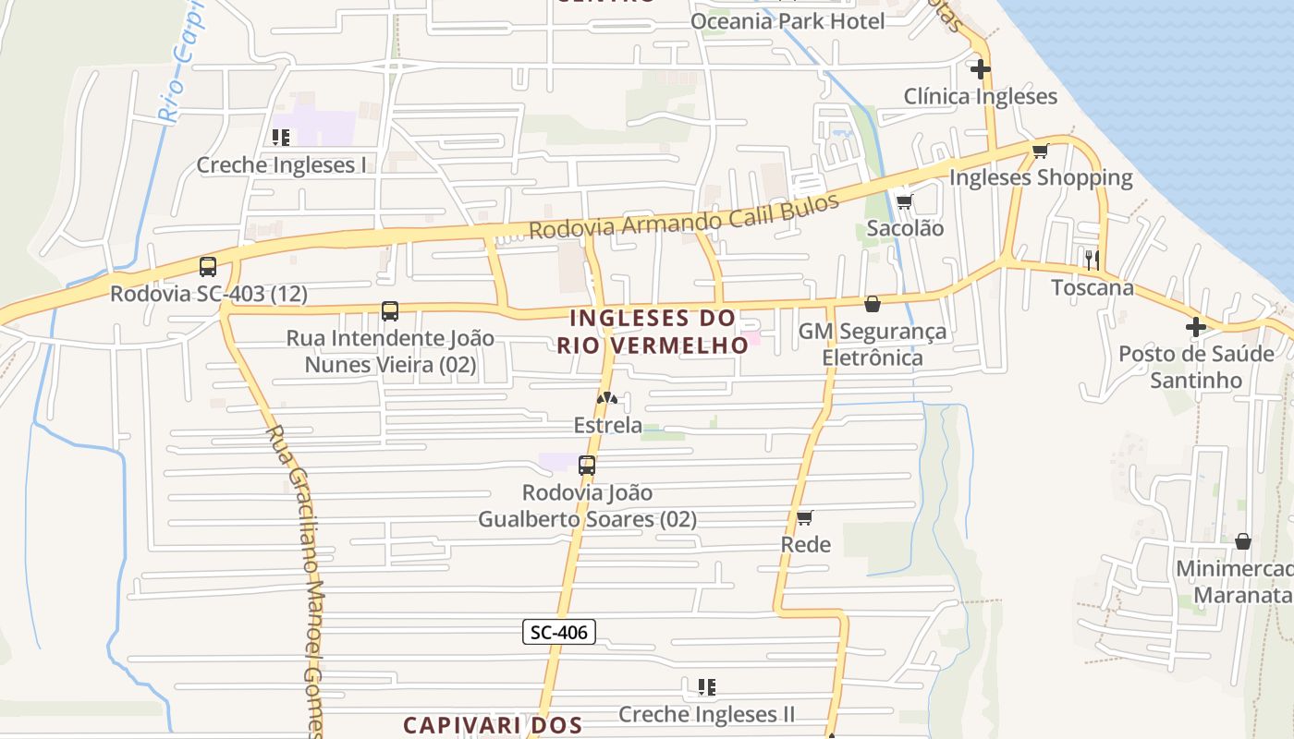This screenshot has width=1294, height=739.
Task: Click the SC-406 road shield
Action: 559,632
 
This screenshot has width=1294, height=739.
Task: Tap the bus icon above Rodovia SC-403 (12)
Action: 208,267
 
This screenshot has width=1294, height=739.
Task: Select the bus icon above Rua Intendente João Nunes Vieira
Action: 390,311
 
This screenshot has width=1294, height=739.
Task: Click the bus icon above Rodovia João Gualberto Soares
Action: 587,466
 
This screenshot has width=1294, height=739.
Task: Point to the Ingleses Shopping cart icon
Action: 1041,151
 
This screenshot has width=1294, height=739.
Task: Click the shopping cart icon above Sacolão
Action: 904,201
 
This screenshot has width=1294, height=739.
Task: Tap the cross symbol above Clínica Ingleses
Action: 980,68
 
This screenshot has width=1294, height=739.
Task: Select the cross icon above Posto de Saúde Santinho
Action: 1196,326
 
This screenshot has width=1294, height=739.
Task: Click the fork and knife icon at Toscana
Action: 1093,260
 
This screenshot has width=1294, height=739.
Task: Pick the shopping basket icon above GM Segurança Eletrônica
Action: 872,303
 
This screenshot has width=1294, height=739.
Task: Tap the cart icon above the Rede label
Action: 805,517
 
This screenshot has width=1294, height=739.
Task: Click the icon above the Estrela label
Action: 606,398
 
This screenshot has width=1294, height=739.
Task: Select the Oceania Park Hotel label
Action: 787,20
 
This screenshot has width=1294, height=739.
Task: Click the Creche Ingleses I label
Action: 281,165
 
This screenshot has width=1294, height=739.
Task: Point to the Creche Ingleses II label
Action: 706,714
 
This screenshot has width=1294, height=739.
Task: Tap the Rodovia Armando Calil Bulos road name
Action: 684,216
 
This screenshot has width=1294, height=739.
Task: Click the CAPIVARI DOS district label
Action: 492,724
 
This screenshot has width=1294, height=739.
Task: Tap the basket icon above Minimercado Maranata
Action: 1243,541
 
